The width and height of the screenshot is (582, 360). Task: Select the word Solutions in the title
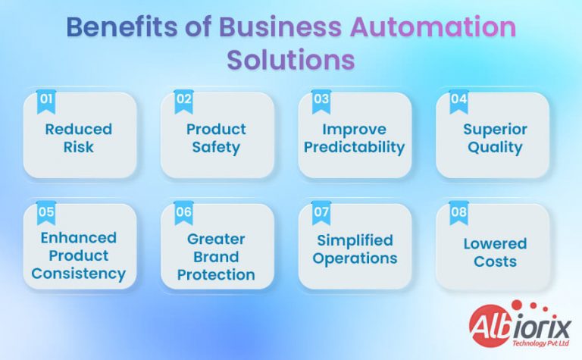[291, 60]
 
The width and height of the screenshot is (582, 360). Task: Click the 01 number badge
[46, 100]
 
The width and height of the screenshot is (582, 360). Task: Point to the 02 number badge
[184, 100]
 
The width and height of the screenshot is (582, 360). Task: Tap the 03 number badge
[321, 100]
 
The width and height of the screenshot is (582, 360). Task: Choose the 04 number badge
[459, 100]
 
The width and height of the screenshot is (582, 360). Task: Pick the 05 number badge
[46, 213]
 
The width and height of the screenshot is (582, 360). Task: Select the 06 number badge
[184, 213]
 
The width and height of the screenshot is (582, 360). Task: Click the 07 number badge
[321, 213]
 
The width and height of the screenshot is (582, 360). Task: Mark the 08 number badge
[459, 213]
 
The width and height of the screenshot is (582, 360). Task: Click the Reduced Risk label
[79, 137]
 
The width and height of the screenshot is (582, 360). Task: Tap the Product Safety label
[216, 137]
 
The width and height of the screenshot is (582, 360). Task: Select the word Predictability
[354, 147]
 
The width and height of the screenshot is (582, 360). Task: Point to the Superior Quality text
[494, 137]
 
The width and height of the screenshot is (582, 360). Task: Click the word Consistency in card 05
[79, 274]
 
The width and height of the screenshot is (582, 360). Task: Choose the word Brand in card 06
[216, 256]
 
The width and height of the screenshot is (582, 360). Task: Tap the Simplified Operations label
[355, 249]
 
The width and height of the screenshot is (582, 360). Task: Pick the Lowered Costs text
[494, 252]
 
